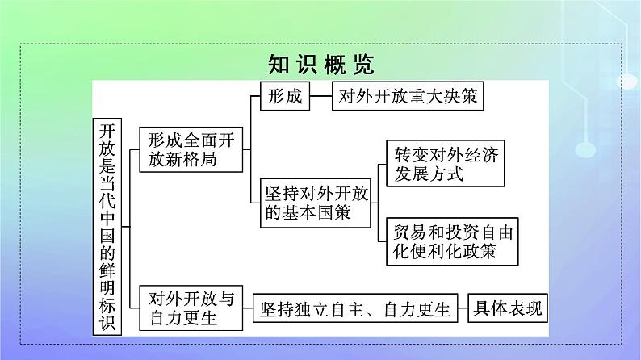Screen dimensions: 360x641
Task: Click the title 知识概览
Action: coord(320,62)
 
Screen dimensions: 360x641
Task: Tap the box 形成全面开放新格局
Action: coord(190,149)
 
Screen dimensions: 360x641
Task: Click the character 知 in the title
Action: coord(279,62)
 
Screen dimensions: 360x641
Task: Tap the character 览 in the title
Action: coord(361,62)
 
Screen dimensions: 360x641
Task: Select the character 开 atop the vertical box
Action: coord(107,130)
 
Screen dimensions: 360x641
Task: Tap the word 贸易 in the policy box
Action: coord(408,232)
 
